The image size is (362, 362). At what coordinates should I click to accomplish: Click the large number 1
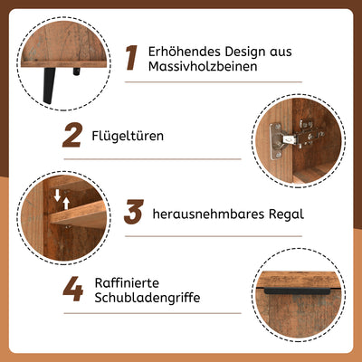point(132,58)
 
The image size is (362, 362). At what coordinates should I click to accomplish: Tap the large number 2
point(72,135)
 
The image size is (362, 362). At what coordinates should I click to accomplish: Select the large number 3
point(134,212)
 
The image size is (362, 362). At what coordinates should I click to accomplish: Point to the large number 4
point(73,289)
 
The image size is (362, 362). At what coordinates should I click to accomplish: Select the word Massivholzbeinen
point(203,66)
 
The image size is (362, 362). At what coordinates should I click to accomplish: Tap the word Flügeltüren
point(128,136)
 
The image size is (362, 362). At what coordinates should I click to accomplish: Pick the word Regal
point(286,214)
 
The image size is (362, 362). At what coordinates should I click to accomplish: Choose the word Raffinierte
point(127,283)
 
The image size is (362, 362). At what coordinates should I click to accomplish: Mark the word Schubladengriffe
point(148,298)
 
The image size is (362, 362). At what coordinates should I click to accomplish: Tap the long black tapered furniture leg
point(49,86)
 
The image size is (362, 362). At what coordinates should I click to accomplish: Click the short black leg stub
point(77,71)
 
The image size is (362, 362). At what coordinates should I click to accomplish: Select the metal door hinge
point(296,138)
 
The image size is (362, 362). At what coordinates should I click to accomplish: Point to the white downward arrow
point(57,195)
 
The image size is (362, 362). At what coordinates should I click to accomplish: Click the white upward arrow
point(66,204)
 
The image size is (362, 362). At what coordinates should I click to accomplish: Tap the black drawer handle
point(297,291)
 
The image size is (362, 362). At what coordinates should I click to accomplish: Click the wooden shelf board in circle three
point(79,214)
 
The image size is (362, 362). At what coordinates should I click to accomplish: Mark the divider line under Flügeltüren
point(153,158)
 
